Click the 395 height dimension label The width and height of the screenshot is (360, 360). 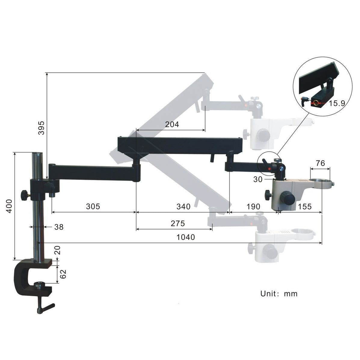(41, 128)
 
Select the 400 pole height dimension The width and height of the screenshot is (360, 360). (10, 206)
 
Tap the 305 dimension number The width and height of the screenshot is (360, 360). (93, 206)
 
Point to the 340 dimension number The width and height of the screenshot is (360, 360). (183, 206)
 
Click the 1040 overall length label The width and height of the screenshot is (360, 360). (186, 237)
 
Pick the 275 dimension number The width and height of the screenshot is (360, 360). (178, 223)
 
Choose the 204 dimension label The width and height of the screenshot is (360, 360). (172, 124)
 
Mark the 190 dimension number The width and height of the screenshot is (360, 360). (253, 206)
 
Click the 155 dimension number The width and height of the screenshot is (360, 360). (305, 206)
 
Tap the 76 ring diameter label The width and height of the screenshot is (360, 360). (321, 163)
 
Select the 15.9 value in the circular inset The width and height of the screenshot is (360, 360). (337, 103)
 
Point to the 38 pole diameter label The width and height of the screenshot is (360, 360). (59, 227)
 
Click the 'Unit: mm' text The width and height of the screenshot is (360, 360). (279, 294)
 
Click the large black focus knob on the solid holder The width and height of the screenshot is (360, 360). (288, 198)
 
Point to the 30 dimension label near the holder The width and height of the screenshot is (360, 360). (258, 180)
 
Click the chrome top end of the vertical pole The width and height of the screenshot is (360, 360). (38, 155)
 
